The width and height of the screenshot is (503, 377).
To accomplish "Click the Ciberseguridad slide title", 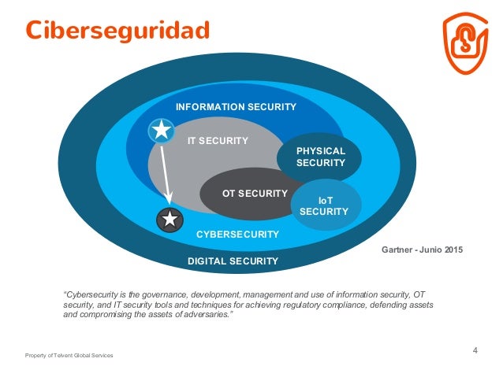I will pos(117,30).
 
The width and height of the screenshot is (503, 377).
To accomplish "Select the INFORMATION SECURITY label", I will pos(236,106).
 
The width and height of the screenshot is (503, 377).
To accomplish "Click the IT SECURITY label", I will pos(218,141).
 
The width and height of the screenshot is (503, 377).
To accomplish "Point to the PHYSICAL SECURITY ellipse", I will pos(320,157).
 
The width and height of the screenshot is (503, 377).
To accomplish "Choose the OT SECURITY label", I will pos(255,193).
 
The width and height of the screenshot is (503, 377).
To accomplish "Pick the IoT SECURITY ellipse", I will pos(325,206).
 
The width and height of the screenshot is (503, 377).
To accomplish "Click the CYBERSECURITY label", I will pos(237,234).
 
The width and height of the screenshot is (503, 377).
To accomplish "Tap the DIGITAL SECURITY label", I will pos(233,261).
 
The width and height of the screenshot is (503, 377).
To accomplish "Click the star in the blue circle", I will pos(161,130).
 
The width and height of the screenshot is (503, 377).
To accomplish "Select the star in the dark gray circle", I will pos(170,221).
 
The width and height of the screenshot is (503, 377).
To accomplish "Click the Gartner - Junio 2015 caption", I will pos(422,249).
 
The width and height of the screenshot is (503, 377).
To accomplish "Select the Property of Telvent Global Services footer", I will pos(69,356).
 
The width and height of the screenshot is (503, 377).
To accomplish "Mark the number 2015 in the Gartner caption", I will pos(451,249).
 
